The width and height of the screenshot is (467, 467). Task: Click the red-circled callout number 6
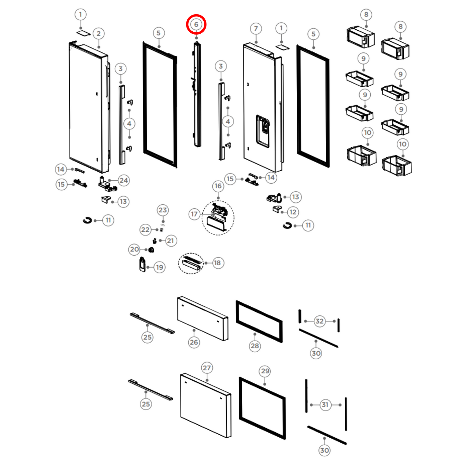[196, 25]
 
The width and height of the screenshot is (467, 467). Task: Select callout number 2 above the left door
[99, 34]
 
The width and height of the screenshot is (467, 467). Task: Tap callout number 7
[256, 29]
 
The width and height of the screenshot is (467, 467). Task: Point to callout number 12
[293, 212]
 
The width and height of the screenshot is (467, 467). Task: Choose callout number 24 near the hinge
[124, 180]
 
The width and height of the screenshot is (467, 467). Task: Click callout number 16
[218, 186]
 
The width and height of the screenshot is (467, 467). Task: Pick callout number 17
[194, 214]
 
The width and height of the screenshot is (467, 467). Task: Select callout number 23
[163, 210]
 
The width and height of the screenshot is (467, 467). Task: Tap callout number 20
[134, 249]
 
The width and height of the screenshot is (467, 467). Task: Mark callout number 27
[207, 368]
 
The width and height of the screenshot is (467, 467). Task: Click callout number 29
[265, 371]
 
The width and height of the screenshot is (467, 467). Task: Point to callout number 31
[325, 405]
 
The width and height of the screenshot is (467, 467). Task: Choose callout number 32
[319, 321]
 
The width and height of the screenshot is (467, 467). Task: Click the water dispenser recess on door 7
[263, 131]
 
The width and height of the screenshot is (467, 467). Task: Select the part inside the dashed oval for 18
[191, 262]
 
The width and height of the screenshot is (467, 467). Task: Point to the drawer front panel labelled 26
[203, 318]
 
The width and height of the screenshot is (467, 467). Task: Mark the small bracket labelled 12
[277, 209]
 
